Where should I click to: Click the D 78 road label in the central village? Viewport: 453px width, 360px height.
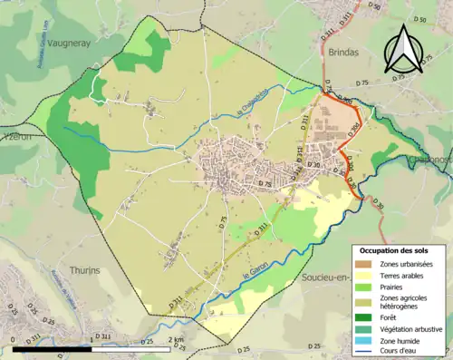[265, 184]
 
